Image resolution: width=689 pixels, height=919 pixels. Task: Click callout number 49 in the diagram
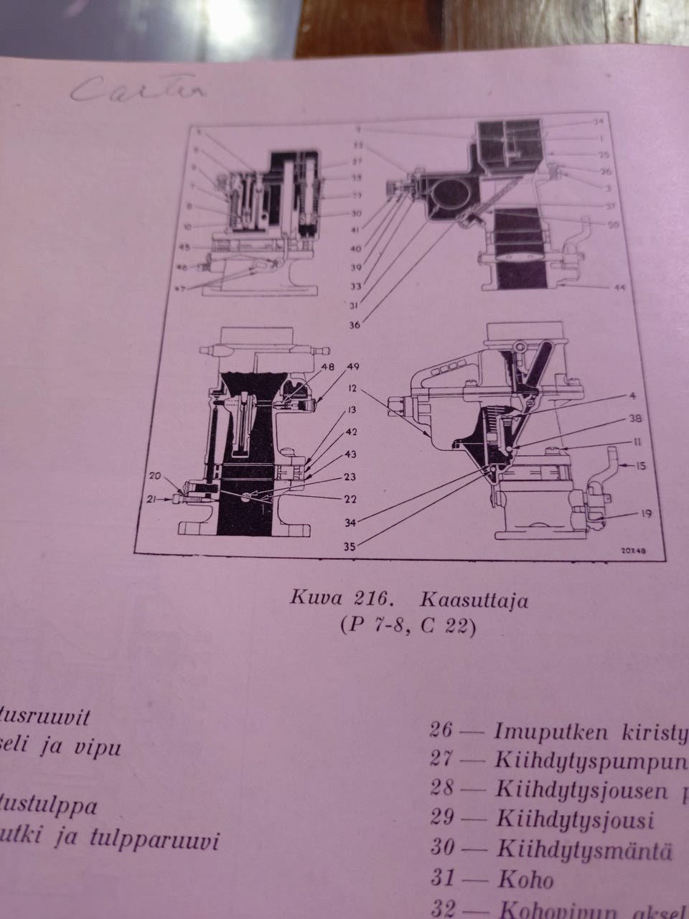[x=353, y=366]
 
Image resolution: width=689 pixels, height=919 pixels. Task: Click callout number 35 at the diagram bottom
[x=350, y=546]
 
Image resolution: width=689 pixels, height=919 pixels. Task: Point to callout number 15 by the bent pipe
[x=641, y=465]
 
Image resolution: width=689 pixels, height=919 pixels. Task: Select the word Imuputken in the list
[x=550, y=732]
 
